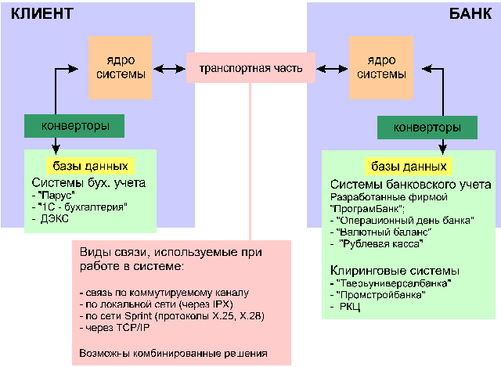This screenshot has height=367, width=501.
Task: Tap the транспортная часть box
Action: click(x=250, y=67)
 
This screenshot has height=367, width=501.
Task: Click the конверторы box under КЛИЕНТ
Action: click(x=75, y=124)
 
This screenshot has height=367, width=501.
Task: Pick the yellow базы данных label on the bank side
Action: click(x=409, y=167)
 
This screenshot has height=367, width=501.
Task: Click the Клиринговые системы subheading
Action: click(x=388, y=268)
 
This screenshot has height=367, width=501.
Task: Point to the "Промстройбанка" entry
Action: click(x=380, y=294)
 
